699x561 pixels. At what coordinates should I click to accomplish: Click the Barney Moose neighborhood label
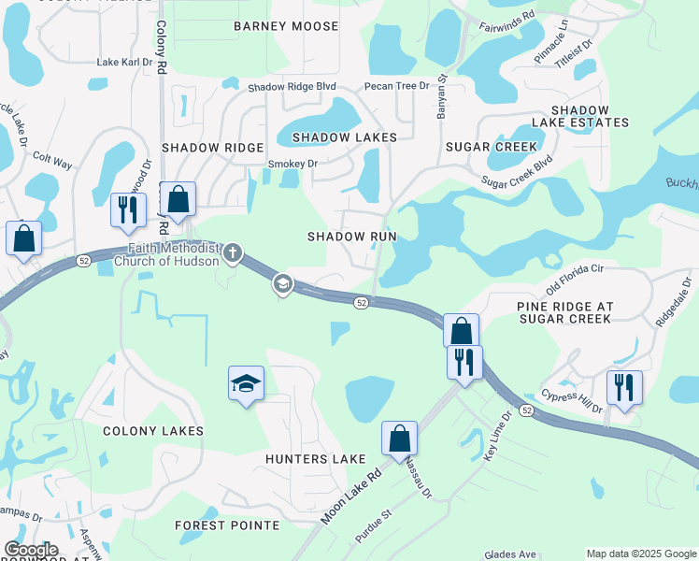[286, 26]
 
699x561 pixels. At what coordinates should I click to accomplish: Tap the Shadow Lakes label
[345, 137]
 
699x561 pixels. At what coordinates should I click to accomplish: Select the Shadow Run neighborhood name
[352, 237]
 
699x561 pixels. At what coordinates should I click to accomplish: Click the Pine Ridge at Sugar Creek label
[563, 312]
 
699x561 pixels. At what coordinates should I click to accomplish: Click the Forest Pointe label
[227, 525]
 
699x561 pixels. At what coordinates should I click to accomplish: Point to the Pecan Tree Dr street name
[396, 86]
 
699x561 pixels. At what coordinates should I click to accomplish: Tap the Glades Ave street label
[509, 554]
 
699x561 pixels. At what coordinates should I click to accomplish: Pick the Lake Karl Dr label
[124, 62]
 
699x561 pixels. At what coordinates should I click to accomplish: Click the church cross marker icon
[233, 252]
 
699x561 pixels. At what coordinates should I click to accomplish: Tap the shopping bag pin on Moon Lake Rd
[399, 439]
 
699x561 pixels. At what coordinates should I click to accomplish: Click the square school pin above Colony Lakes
[246, 382]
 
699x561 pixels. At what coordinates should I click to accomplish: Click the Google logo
[31, 551]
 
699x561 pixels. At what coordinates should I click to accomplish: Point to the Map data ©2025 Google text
[640, 554]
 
